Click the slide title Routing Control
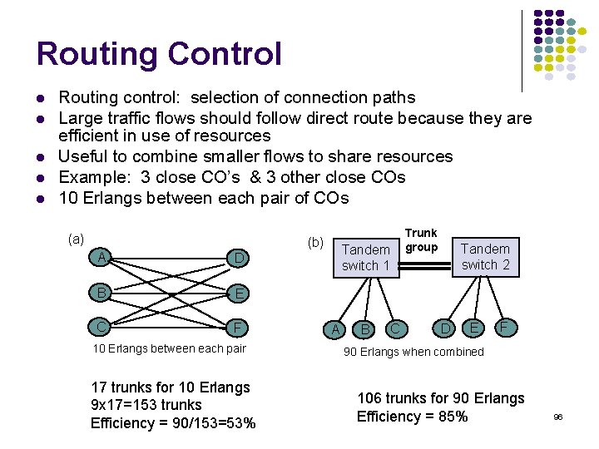click(159, 55)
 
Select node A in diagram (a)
click(101, 258)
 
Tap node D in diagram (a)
click(239, 259)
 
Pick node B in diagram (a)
click(101, 292)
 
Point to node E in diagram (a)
click(239, 293)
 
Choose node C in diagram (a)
click(101, 325)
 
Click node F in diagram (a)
click(239, 326)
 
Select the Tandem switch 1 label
click(366, 258)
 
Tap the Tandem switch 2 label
click(485, 257)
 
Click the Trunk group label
click(421, 240)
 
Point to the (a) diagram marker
click(76, 239)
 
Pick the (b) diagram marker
click(315, 243)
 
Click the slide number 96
click(557, 417)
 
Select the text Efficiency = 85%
click(412, 417)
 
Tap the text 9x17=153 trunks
click(146, 405)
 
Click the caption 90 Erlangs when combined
click(413, 352)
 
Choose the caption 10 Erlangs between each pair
click(169, 348)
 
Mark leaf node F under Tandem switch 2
click(503, 327)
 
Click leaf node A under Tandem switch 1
click(335, 330)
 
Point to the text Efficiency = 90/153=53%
click(173, 423)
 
